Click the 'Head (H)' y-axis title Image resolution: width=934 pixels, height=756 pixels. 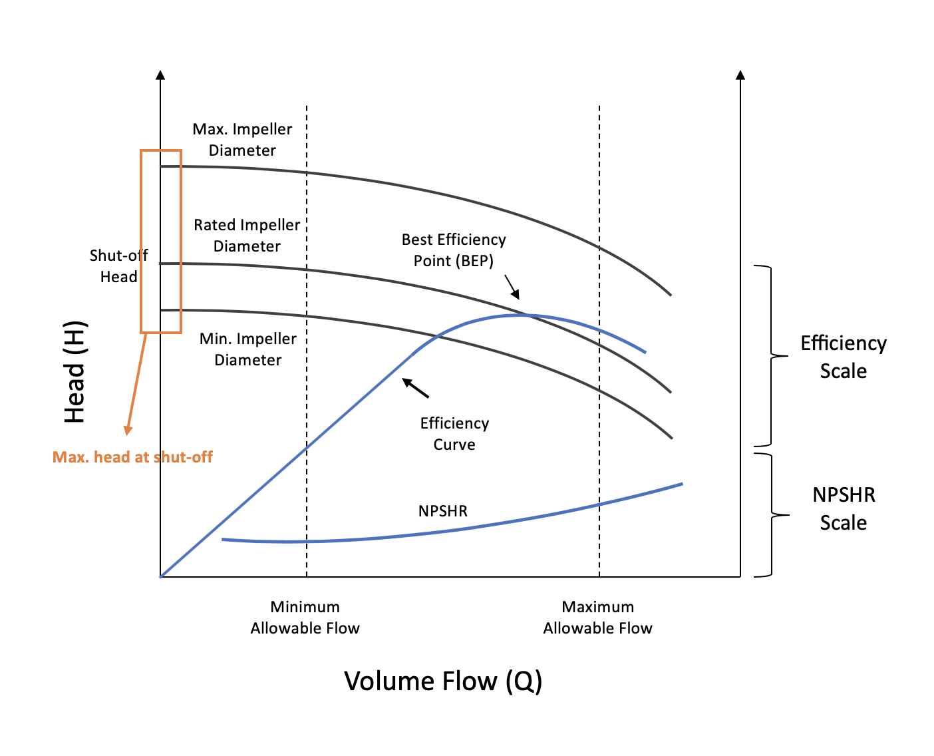[x=75, y=373]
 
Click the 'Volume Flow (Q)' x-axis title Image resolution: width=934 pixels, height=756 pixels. [x=443, y=681]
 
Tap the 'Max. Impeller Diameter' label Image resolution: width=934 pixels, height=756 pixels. [x=242, y=140]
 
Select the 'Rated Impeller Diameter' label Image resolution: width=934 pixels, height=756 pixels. [x=247, y=236]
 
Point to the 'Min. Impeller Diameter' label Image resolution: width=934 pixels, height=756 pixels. [x=248, y=349]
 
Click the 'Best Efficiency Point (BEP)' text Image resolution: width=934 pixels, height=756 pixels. [x=454, y=250]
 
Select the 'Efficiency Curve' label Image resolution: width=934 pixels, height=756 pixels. [x=454, y=434]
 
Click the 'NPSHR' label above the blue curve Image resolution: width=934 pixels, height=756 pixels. [x=443, y=511]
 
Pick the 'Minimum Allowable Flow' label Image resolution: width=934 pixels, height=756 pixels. [x=305, y=618]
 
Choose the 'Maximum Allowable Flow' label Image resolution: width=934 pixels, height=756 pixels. [x=597, y=618]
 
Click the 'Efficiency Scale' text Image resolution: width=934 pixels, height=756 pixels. [x=843, y=357]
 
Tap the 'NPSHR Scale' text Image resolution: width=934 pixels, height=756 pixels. [x=843, y=508]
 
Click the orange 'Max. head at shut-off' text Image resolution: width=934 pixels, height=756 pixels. [x=132, y=457]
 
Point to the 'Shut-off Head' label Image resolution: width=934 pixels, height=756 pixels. [x=118, y=266]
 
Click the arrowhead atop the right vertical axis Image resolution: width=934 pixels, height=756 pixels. [x=740, y=75]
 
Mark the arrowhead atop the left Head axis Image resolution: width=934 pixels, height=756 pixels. [x=160, y=75]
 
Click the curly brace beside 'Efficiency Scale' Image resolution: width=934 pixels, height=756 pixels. [x=772, y=356]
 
